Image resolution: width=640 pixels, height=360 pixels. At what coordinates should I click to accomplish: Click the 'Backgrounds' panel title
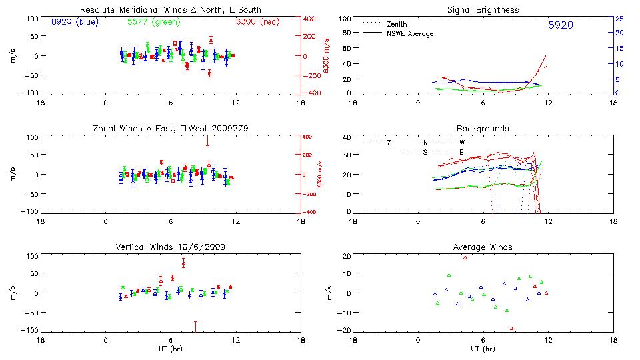(x=483, y=128)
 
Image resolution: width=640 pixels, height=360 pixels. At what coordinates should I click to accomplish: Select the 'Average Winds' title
(x=483, y=247)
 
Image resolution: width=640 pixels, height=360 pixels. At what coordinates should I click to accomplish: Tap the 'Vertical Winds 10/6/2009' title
(x=170, y=247)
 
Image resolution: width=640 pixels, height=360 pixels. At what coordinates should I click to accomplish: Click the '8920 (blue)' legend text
(x=74, y=22)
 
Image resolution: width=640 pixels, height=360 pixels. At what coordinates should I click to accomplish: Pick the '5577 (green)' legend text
(x=153, y=22)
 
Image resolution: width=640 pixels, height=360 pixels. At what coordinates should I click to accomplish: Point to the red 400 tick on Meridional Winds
(x=311, y=19)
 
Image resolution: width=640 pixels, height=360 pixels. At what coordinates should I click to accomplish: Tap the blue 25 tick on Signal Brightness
(x=619, y=19)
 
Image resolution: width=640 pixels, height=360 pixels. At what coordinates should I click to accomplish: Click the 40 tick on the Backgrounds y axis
(x=345, y=138)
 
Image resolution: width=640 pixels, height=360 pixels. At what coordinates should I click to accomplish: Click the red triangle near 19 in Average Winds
(x=465, y=257)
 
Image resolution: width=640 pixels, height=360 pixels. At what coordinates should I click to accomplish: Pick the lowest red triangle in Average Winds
(x=511, y=328)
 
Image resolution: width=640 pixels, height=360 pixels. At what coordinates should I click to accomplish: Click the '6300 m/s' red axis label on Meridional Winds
(x=327, y=56)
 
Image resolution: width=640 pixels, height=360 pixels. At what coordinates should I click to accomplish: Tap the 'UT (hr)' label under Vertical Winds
(x=170, y=349)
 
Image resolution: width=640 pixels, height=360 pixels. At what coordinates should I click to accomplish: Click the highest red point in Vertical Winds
(x=183, y=263)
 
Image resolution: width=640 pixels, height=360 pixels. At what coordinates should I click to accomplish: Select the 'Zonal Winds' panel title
(x=171, y=128)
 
